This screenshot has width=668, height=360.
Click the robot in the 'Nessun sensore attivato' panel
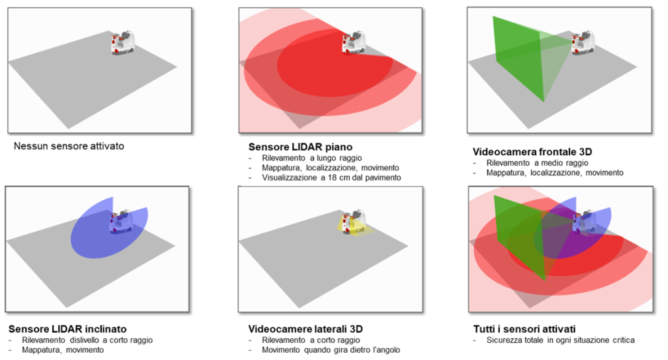(123, 42)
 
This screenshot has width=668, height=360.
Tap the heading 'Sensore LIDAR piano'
(300, 147)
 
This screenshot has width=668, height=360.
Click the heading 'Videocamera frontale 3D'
(532, 152)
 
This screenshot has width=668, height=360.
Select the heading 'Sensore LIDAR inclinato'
(67, 329)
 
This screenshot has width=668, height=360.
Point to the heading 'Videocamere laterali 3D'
(305, 329)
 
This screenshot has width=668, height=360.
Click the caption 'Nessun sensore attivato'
(69, 146)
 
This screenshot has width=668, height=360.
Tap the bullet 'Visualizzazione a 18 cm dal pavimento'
(331, 177)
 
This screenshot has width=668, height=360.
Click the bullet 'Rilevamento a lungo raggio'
(312, 158)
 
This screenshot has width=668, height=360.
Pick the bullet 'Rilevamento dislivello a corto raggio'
(87, 340)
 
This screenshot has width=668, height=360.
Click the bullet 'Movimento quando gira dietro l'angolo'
(331, 350)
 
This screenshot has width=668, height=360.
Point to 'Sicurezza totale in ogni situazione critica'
(560, 340)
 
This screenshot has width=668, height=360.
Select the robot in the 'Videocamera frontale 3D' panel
(583, 42)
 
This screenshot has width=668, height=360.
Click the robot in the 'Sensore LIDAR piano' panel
(354, 42)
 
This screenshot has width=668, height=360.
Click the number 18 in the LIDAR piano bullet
(331, 177)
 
